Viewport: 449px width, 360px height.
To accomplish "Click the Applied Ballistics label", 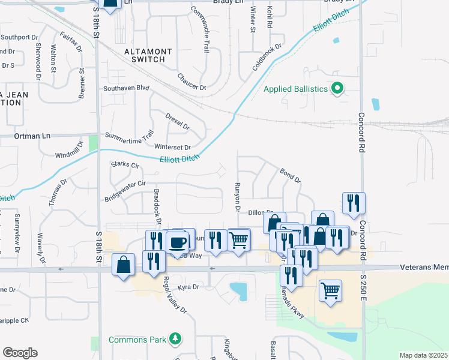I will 296,89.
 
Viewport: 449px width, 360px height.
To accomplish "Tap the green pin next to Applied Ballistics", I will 337,89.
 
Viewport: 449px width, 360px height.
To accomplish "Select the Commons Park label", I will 137,340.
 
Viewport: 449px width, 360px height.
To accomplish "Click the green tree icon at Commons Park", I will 175,340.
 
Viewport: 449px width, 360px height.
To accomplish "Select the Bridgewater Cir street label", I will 125,191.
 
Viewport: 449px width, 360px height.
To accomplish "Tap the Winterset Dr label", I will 172,147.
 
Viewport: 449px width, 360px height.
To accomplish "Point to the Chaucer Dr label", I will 191,82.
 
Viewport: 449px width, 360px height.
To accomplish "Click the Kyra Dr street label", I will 187,287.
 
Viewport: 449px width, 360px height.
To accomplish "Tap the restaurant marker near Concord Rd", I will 354,203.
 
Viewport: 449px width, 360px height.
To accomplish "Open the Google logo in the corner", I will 20,353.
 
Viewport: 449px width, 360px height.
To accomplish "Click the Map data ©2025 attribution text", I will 423,355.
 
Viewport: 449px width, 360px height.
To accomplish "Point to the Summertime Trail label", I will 130,136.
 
